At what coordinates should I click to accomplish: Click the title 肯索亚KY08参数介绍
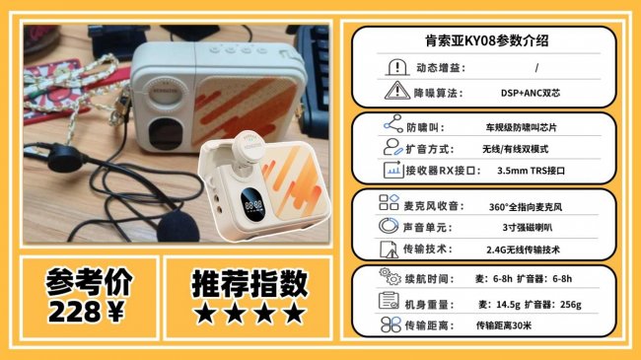pyautogui.click(x=486, y=40)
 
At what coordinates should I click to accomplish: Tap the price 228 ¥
pyautogui.click(x=86, y=312)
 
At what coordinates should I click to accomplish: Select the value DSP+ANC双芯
pyautogui.click(x=531, y=93)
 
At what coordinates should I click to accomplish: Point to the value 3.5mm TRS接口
pyautogui.click(x=531, y=171)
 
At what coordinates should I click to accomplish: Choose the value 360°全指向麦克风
pyautogui.click(x=526, y=207)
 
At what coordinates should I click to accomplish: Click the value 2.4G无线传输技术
pyautogui.click(x=523, y=250)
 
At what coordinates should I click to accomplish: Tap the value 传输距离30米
pyautogui.click(x=504, y=325)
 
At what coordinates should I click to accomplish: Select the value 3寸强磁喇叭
pyautogui.click(x=527, y=228)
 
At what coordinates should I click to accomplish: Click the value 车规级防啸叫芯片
pyautogui.click(x=521, y=127)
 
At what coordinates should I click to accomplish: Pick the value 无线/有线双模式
pyautogui.click(x=515, y=149)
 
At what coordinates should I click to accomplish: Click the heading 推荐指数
pyautogui.click(x=249, y=283)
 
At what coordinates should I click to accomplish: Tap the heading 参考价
pyautogui.click(x=89, y=281)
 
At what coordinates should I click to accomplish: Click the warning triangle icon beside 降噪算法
pyautogui.click(x=397, y=91)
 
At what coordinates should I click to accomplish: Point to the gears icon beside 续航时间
pyautogui.click(x=390, y=276)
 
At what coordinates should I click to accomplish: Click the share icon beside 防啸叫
pyautogui.click(x=393, y=123)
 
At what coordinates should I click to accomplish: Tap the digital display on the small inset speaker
pyautogui.click(x=252, y=204)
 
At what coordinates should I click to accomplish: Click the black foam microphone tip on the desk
pyautogui.click(x=178, y=226)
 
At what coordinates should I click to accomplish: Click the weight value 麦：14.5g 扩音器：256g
pyautogui.click(x=530, y=305)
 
